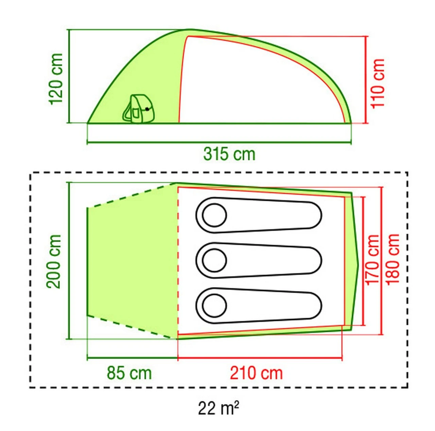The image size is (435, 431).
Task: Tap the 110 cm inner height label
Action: [378, 84]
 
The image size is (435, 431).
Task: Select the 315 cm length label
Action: [229, 154]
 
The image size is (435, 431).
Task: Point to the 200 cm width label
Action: [53, 262]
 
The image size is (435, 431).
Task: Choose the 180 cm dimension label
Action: [393, 259]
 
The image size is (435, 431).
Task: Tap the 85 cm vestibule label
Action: [129, 373]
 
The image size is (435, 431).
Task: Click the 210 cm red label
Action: [256, 373]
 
